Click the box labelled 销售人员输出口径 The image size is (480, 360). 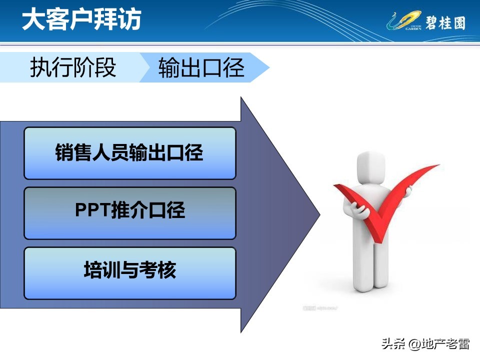[129, 153]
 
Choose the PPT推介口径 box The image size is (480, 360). [129, 213]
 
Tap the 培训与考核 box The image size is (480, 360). [129, 273]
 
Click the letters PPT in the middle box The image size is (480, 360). [92, 210]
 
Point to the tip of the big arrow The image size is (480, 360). [319, 214]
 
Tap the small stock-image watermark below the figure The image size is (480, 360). [320, 308]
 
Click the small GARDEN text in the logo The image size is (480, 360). [413, 28]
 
